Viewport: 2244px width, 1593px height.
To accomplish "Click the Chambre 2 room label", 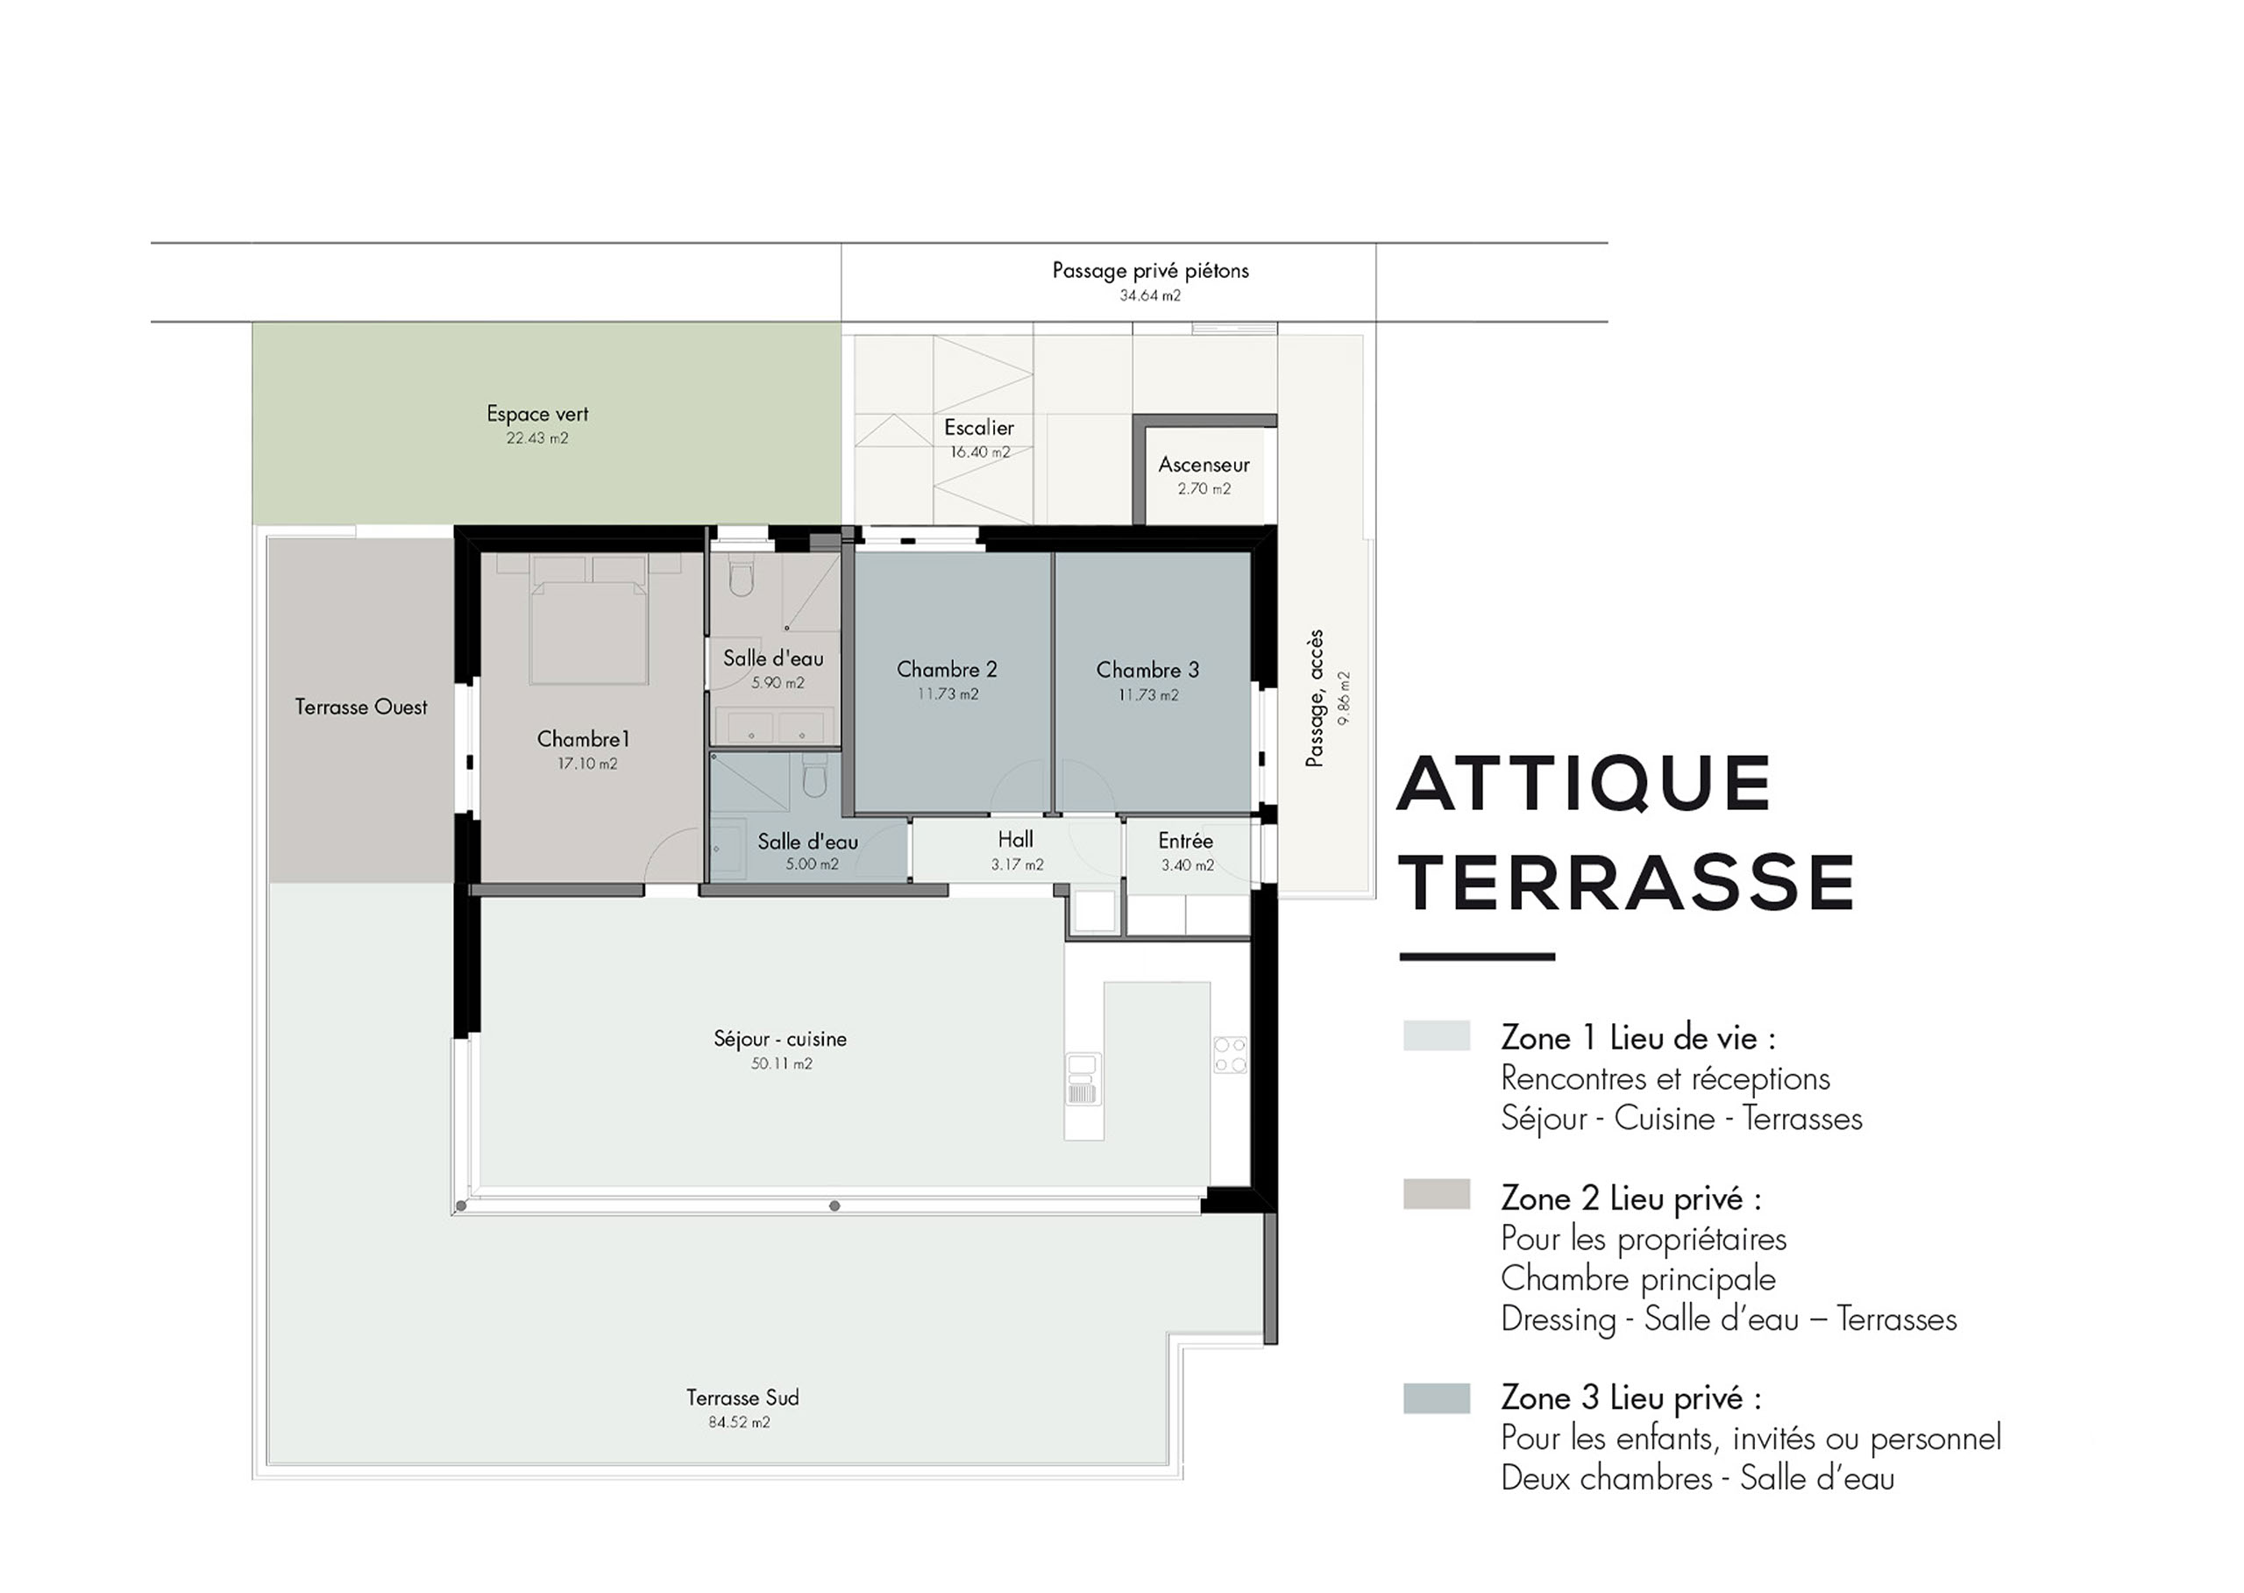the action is click(947, 669).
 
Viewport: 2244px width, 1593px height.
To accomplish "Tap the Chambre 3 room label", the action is click(1147, 670).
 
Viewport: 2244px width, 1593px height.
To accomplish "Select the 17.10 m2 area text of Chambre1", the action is click(587, 763).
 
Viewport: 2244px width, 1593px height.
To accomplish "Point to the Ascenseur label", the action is click(1204, 465).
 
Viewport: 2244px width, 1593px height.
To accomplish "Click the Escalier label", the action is click(979, 428).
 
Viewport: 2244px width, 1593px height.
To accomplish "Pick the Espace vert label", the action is click(537, 414).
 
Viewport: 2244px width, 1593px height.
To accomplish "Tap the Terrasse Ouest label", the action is click(361, 708).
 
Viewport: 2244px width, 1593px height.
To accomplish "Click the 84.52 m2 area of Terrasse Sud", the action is click(740, 1422).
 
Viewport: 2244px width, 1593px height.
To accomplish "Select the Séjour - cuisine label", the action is click(780, 1039).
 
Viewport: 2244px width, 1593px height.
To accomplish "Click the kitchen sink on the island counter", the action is click(1083, 1079).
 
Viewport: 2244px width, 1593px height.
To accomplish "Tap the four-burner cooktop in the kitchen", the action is click(1231, 1056).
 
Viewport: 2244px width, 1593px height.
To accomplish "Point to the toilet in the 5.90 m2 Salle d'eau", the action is click(742, 578).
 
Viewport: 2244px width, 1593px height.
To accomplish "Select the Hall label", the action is click(1015, 840).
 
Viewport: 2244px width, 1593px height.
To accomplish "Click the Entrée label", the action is click(1186, 841).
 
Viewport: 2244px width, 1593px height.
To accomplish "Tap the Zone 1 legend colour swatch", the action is click(1436, 1035).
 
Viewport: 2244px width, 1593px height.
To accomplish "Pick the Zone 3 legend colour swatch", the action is click(1436, 1397).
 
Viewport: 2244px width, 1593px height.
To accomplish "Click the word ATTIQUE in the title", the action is click(1584, 783).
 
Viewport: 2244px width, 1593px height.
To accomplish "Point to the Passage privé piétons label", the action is click(1150, 271).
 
